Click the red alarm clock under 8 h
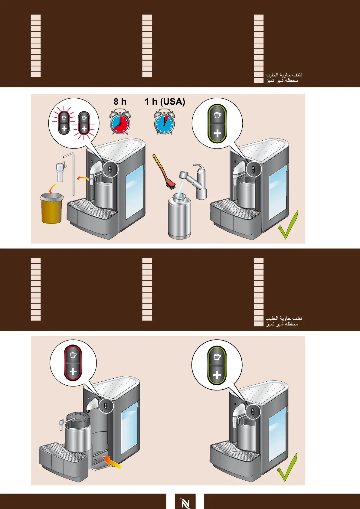(x=120, y=123)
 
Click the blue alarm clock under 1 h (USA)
(x=164, y=123)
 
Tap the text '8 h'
(x=120, y=102)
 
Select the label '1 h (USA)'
(x=165, y=102)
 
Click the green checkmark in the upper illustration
(x=289, y=225)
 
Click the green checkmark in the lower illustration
(x=288, y=467)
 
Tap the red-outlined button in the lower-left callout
(x=73, y=363)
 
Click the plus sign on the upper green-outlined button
(x=217, y=133)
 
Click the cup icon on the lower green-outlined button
(x=217, y=357)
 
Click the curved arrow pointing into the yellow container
(x=53, y=188)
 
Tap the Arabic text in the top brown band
(x=283, y=77)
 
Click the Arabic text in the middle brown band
(x=283, y=321)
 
